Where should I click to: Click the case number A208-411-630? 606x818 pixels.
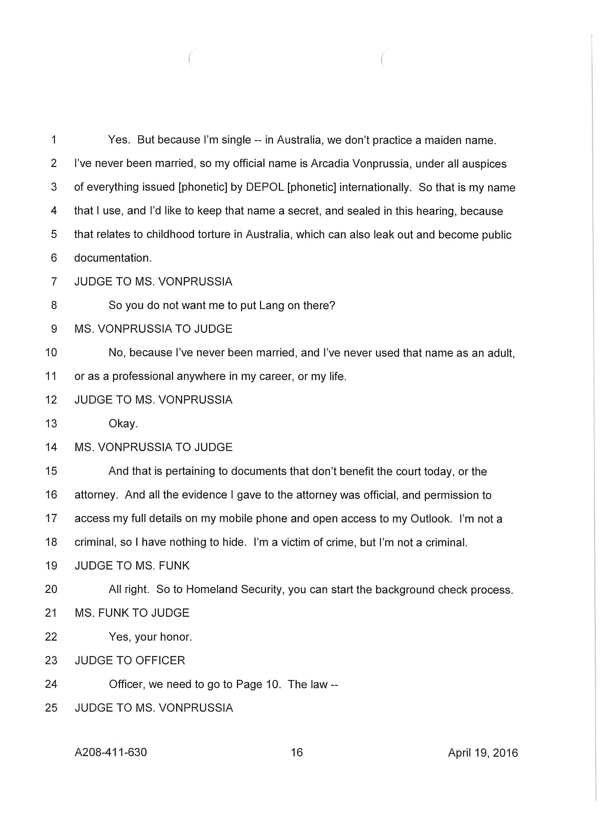coord(110,752)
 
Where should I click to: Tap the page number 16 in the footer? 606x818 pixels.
coord(296,752)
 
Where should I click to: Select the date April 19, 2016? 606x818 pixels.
coord(482,753)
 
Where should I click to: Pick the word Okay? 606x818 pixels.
coord(123,424)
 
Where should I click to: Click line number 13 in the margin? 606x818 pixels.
coord(51,424)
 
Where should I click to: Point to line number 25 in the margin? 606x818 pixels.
coord(51,707)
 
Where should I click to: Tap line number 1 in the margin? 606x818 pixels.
coord(53,140)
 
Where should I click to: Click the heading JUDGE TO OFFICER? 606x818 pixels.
coord(130,660)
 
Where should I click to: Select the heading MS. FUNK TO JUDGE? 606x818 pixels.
coord(132,613)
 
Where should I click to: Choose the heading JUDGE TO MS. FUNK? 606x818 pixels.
coord(132,565)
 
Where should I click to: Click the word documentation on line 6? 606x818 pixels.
coord(113,258)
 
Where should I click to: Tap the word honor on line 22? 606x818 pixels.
coord(177,637)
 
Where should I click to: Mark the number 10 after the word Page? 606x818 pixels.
coord(273,684)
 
